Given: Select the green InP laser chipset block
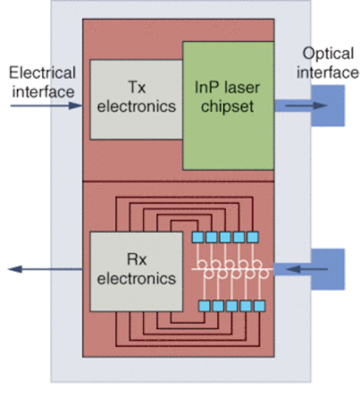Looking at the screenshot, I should click(x=228, y=105).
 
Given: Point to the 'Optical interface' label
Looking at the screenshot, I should click(x=327, y=63).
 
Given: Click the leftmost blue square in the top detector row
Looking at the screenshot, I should click(x=198, y=237).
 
